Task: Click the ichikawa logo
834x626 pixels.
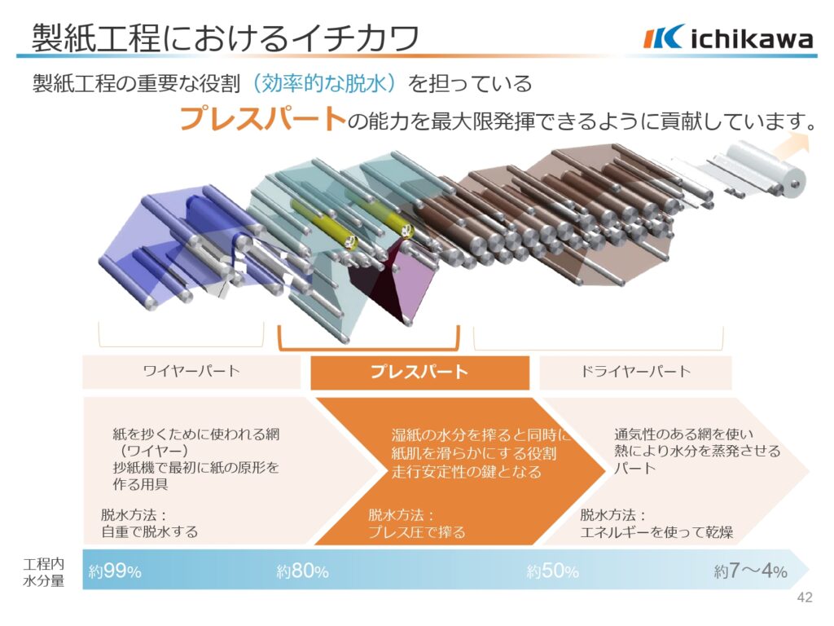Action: pos(728,37)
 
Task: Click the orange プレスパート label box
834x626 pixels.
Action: pos(419,372)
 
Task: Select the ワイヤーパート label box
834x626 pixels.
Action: pos(191,371)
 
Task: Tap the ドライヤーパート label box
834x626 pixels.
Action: pos(635,371)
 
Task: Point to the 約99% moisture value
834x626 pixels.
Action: pos(115,571)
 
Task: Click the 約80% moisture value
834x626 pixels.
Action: pos(302,571)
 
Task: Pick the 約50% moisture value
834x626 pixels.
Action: pos(553,571)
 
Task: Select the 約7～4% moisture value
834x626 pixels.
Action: pos(750,571)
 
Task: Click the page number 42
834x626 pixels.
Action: pos(805,597)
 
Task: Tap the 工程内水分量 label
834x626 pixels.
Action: pos(44,572)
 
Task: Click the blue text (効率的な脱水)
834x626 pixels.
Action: pos(324,84)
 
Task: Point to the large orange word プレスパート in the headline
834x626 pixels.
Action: pos(263,118)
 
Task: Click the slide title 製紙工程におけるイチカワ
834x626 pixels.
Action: pos(226,37)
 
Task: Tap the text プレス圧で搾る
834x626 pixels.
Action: pos(417,531)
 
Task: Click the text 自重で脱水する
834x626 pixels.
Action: pos(150,531)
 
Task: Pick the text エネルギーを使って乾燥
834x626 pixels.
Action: pos(656,531)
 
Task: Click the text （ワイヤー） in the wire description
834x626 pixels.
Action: pos(151,451)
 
